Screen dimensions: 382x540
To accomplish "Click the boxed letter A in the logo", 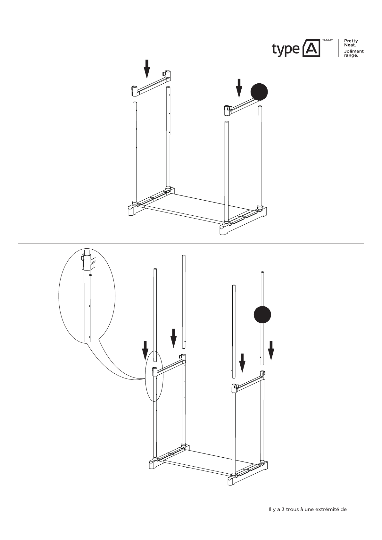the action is [x=311, y=48].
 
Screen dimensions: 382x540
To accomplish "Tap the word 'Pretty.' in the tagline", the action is [x=351, y=41].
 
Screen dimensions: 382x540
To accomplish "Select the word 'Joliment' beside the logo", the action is [x=354, y=51].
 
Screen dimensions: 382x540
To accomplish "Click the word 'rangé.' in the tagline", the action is [x=351, y=55].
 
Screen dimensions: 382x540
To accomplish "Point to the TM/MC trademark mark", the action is [x=327, y=40].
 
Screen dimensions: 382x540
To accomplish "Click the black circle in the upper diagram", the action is [x=259, y=92].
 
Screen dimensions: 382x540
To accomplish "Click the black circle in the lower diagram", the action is [x=262, y=315].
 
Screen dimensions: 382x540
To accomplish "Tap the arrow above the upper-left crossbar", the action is [x=147, y=69].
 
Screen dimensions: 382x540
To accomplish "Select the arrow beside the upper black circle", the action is [x=239, y=88].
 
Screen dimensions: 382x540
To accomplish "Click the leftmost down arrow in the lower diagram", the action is [x=145, y=351].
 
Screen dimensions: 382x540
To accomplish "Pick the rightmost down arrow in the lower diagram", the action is [x=271, y=351].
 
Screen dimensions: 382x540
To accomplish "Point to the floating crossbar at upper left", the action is [x=151, y=83].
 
